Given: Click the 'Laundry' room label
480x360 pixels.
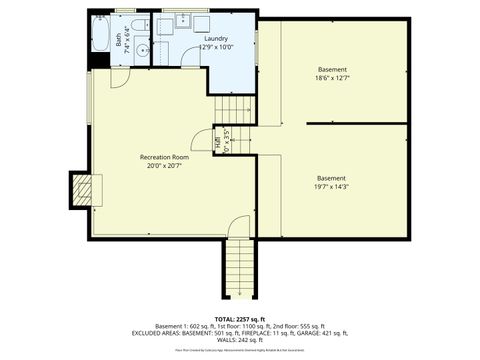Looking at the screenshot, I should tap(215, 38).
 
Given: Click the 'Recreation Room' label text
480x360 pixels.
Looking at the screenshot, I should tap(164, 157).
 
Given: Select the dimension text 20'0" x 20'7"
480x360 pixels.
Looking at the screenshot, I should tap(164, 166).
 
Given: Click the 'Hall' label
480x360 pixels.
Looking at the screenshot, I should tap(220, 141).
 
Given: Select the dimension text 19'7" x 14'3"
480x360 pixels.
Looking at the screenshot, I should tap(331, 188).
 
